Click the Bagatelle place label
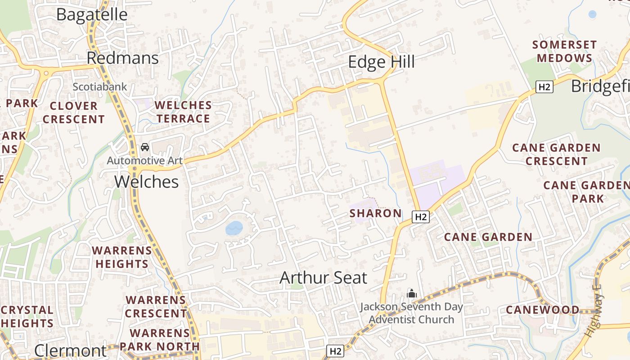[x=92, y=14]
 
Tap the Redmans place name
[x=122, y=58]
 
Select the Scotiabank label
[x=100, y=87]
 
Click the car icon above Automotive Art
[x=145, y=147]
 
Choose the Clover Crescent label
[x=74, y=112]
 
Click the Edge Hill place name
[x=381, y=62]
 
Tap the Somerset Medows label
[x=564, y=51]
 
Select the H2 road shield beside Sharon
[x=421, y=217]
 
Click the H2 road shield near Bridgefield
[x=544, y=87]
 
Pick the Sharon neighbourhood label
[x=375, y=213]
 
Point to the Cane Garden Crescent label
[x=556, y=154]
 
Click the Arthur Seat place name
[x=323, y=278]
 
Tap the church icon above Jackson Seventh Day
[x=411, y=294]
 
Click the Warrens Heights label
[x=122, y=257]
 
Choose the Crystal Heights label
[x=27, y=316]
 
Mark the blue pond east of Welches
[x=234, y=228]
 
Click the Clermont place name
[x=71, y=351]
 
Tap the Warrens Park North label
[x=160, y=340]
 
